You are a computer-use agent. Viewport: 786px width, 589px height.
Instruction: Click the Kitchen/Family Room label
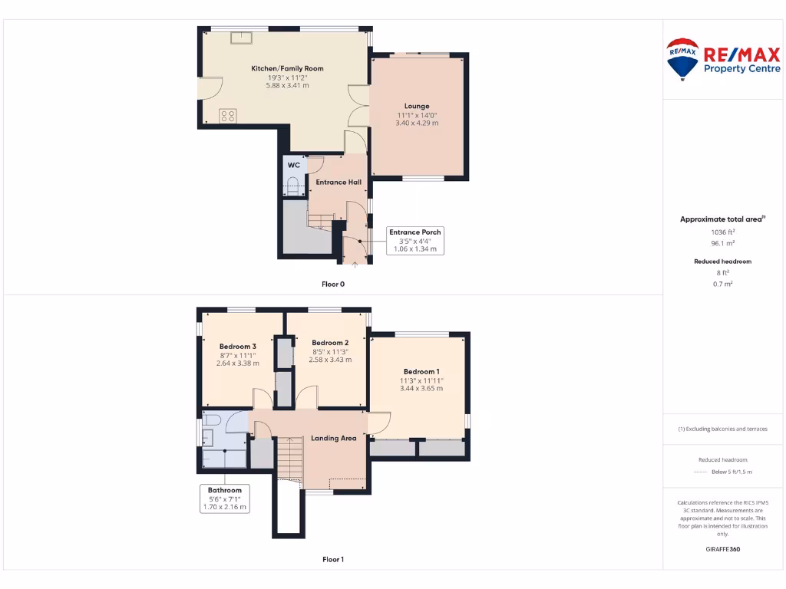pyautogui.click(x=287, y=68)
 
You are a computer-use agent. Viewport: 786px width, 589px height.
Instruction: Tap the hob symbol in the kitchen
pyautogui.click(x=228, y=116)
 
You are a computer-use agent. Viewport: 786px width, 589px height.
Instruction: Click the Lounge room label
pyautogui.click(x=417, y=106)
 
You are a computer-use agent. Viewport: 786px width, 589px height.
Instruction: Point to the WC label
pyautogui.click(x=293, y=165)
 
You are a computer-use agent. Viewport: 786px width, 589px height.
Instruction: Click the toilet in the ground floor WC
pyautogui.click(x=291, y=185)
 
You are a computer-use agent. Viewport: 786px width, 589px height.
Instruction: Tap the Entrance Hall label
pyautogui.click(x=339, y=182)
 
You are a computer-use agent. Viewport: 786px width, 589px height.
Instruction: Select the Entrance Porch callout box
pyautogui.click(x=416, y=240)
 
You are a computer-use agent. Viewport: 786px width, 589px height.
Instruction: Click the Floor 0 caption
pyautogui.click(x=333, y=284)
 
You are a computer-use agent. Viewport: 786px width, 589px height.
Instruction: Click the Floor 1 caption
pyautogui.click(x=333, y=559)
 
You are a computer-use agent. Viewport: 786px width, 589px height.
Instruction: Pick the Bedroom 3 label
pyautogui.click(x=237, y=346)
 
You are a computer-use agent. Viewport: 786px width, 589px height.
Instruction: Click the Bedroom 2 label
pyautogui.click(x=330, y=342)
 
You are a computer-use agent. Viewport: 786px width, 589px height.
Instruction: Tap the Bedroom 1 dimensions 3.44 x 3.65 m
pyautogui.click(x=421, y=388)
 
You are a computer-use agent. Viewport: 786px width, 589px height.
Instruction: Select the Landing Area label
pyautogui.click(x=333, y=438)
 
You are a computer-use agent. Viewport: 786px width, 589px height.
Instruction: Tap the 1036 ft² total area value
pyautogui.click(x=722, y=232)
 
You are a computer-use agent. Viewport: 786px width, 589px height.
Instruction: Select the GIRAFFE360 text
pyautogui.click(x=722, y=548)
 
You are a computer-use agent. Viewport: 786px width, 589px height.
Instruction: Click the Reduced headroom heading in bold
pyautogui.click(x=722, y=262)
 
